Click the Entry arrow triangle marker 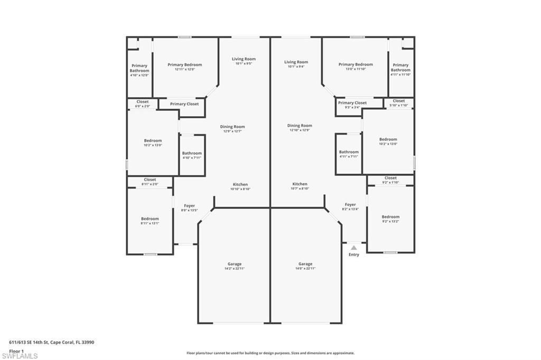click(x=354, y=247)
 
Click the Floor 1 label click(x=16, y=351)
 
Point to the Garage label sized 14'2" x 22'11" click(x=235, y=264)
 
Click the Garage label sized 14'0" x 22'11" click(x=305, y=264)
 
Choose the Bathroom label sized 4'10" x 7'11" click(x=192, y=154)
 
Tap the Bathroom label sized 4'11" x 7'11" click(x=349, y=153)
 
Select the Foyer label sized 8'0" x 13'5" click(x=189, y=206)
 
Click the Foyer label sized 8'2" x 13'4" click(x=350, y=205)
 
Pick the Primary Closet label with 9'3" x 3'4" click(x=352, y=103)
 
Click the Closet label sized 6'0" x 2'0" click(x=143, y=102)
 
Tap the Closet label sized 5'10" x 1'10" click(x=399, y=101)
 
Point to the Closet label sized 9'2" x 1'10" click(x=390, y=178)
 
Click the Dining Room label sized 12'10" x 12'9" click(x=300, y=126)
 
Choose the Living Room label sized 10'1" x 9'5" click(x=244, y=59)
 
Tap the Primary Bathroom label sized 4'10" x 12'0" click(x=139, y=69)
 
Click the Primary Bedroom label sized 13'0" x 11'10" click(x=356, y=64)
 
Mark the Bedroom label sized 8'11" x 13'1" click(x=150, y=219)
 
